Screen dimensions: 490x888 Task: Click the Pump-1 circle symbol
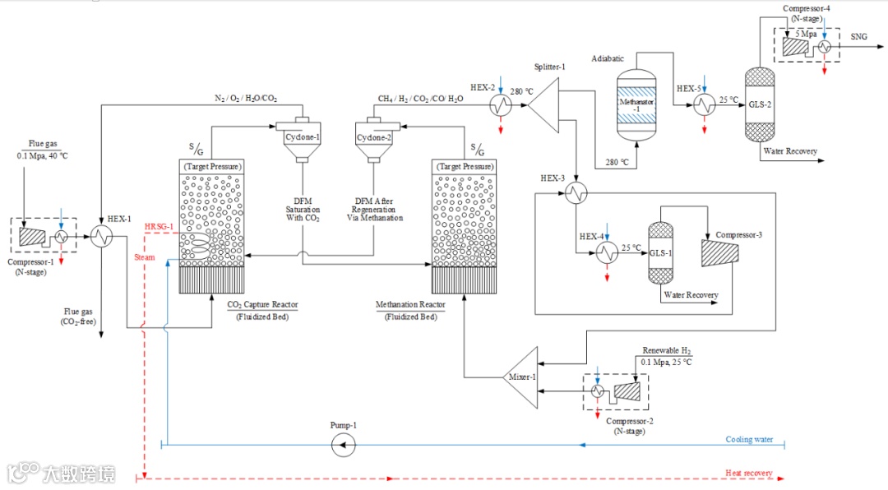pos(342,445)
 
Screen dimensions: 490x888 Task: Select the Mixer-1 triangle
pos(523,377)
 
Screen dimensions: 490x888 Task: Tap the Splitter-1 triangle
pos(543,104)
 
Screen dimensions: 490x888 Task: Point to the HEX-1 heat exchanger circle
pos(103,237)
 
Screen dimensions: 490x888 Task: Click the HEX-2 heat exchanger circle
pos(500,105)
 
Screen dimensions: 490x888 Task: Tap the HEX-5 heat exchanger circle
pos(704,105)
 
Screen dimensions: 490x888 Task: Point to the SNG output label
pos(859,37)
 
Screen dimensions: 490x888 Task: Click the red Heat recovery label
pos(748,473)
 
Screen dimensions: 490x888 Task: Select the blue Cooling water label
pos(749,439)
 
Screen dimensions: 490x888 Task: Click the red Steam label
pos(145,257)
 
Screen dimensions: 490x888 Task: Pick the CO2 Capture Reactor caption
pos(262,305)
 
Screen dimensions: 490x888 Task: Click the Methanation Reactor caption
pos(410,305)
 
